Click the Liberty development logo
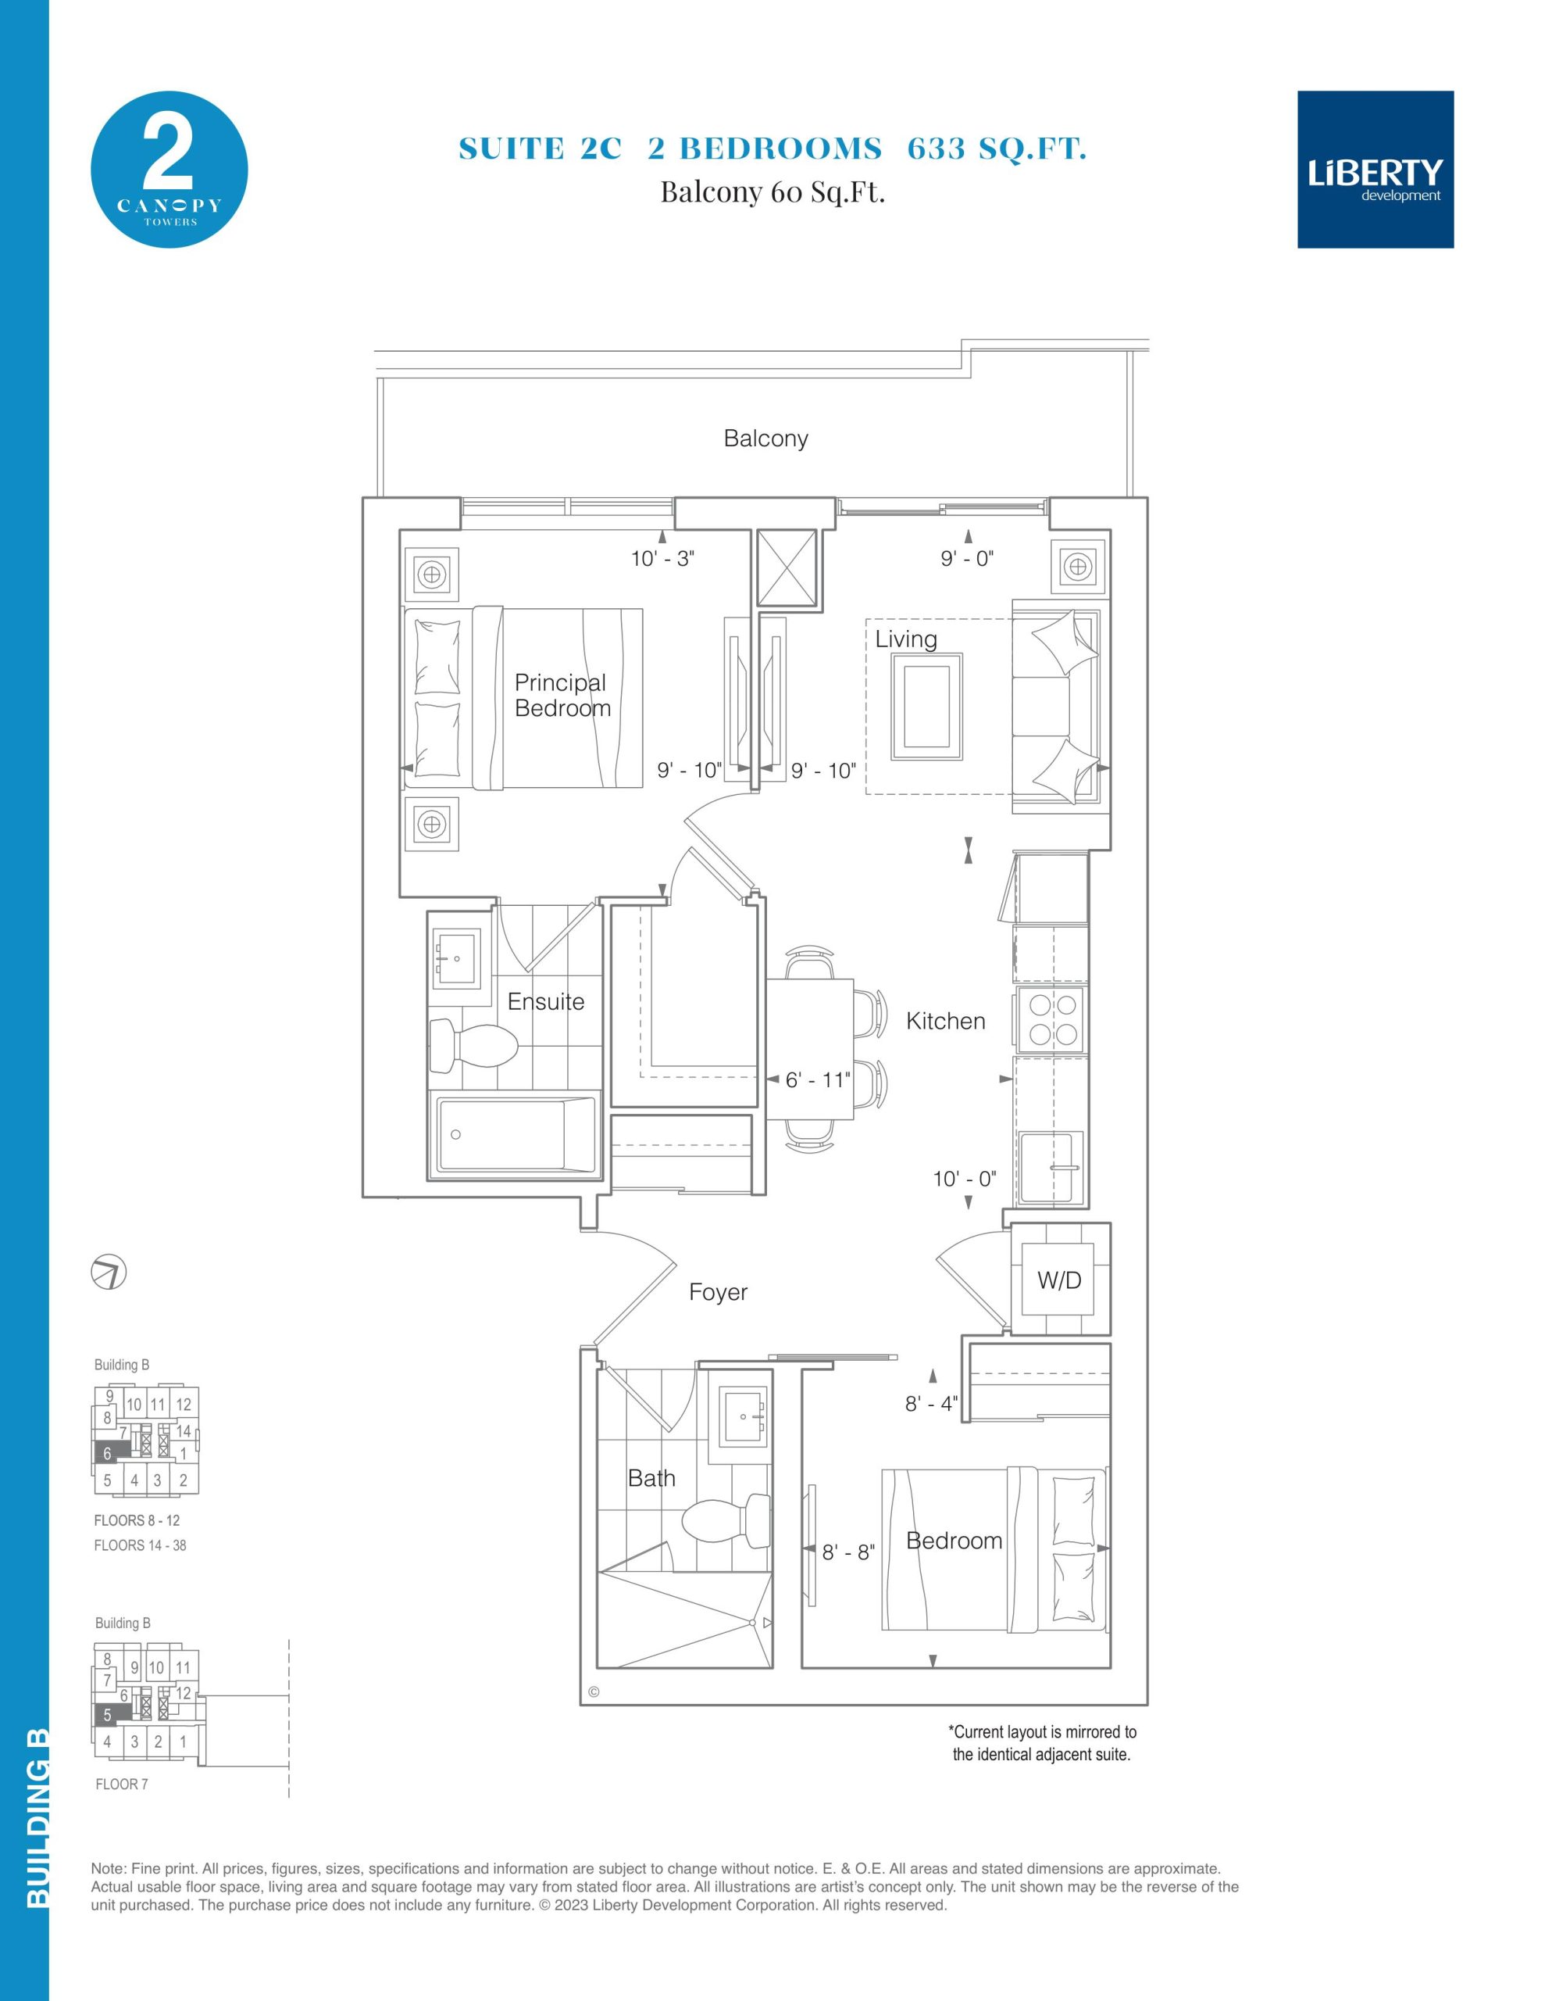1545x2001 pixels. pos(1375,170)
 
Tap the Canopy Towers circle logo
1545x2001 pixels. pos(169,170)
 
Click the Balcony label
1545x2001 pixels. pos(765,439)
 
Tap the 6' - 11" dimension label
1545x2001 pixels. pos(818,1080)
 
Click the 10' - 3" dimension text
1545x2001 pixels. pos(662,558)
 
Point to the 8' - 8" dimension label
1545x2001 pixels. pos(848,1552)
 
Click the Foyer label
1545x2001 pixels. pos(718,1292)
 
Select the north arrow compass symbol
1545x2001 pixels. pos(109,1273)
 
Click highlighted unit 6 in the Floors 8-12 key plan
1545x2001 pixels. pos(108,1453)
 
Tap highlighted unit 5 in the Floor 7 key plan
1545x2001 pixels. pos(108,1714)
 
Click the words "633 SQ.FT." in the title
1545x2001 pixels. pos(997,149)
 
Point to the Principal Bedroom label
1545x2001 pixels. pos(562,696)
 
